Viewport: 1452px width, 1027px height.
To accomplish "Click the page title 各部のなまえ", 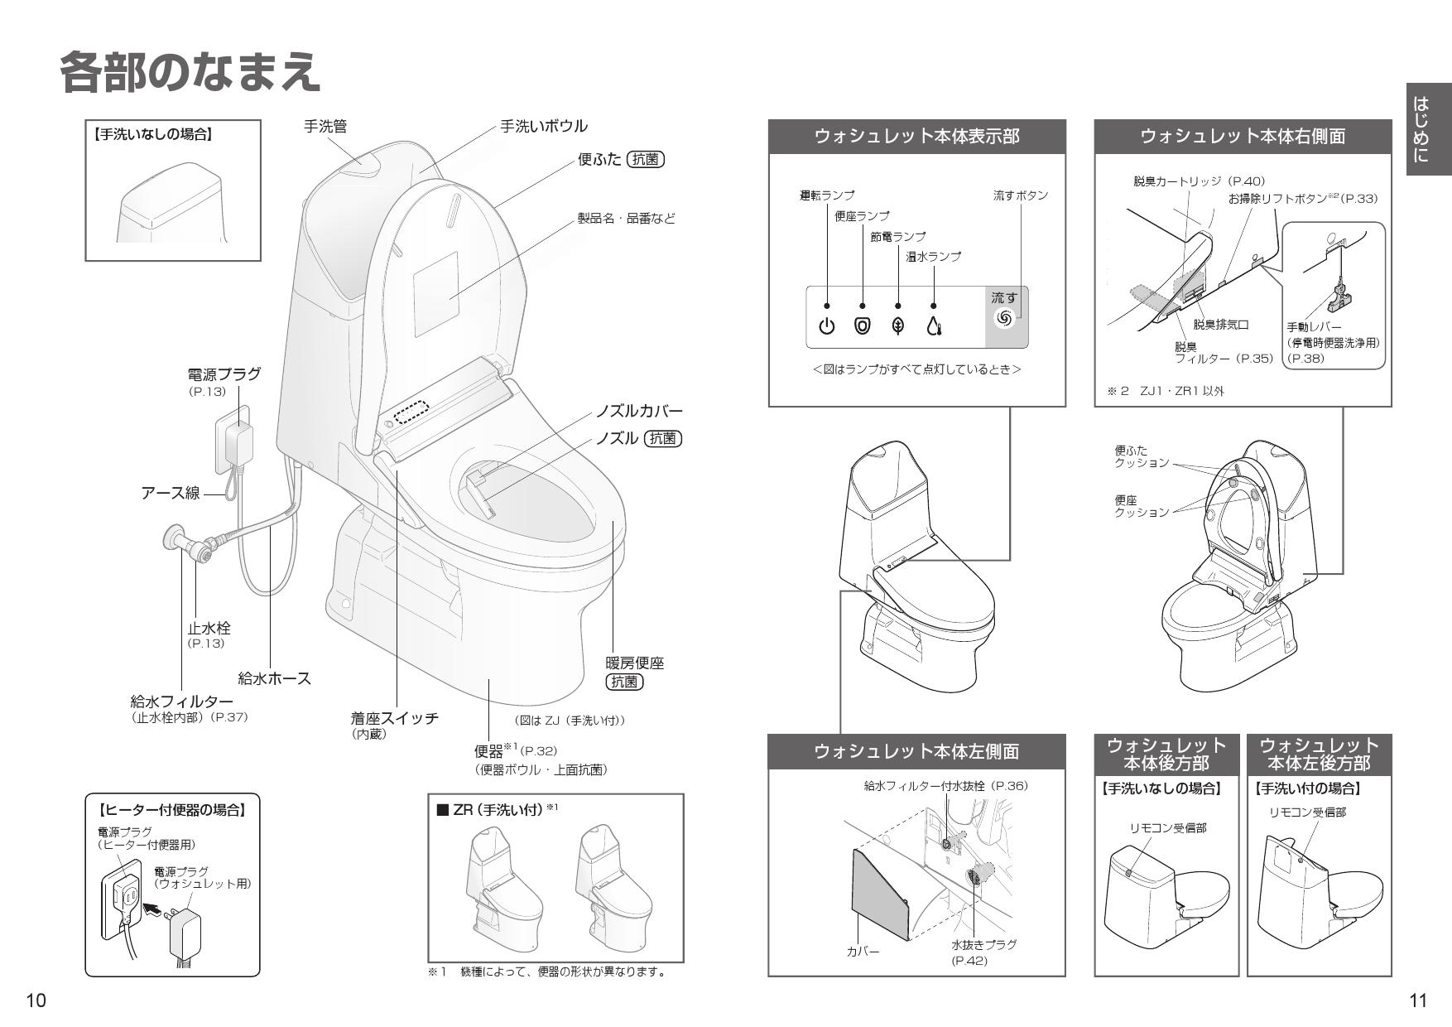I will coord(190,72).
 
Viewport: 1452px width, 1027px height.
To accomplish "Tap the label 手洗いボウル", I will coord(543,126).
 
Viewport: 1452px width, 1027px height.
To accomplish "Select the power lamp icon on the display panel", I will coord(827,325).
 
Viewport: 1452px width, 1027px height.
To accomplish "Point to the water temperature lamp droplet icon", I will coord(934,326).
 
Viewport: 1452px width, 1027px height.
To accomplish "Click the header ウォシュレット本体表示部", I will coord(916,137).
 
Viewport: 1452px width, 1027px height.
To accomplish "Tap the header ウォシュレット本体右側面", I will coord(1242,137).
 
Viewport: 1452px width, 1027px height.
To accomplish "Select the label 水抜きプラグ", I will coord(983,944).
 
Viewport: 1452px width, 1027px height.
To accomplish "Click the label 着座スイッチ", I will coord(394,718).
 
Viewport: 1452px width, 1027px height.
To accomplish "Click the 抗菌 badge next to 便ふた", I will coord(645,160).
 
